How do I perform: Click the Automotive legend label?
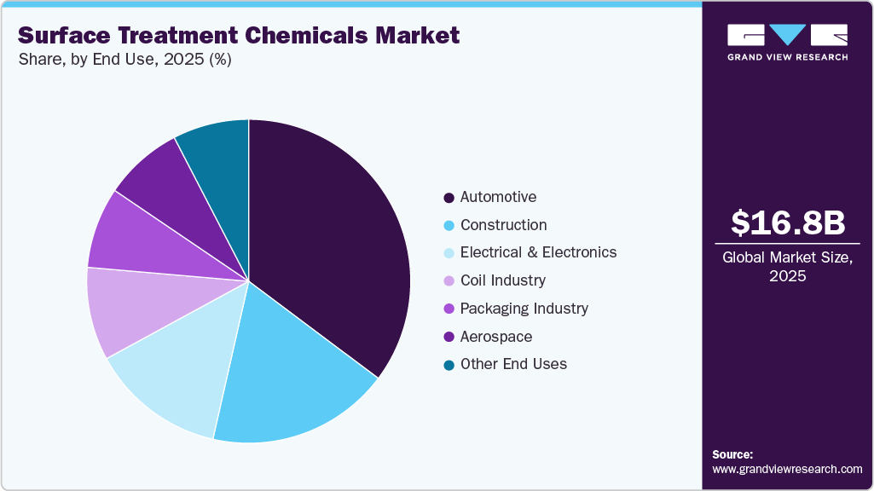point(498,197)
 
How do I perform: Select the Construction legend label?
point(503,225)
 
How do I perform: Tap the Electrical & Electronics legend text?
point(538,252)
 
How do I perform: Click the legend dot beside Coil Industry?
point(449,281)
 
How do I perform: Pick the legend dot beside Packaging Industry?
point(449,309)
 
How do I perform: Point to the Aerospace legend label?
point(495,337)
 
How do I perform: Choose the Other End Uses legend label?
point(513,364)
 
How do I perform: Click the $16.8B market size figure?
point(788,223)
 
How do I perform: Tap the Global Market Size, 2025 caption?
point(788,266)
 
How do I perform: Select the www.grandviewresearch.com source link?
point(787,469)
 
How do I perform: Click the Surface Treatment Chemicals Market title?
point(238,35)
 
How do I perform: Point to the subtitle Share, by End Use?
point(124,60)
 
